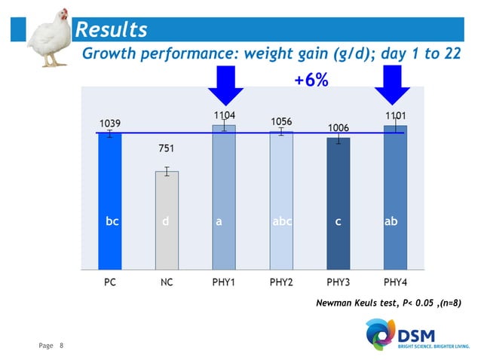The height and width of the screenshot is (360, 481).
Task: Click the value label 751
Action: coord(167,148)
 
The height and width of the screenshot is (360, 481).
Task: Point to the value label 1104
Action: coord(224,114)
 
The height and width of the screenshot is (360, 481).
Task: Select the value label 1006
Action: coord(338,128)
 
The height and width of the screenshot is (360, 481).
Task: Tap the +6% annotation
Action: coord(311,80)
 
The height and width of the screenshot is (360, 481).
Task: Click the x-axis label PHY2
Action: coord(281,283)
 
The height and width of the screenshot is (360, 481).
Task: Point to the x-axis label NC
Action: coord(167,283)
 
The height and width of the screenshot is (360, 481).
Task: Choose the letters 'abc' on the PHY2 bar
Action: coord(281,222)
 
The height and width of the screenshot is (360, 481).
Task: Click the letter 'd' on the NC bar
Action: coord(166,222)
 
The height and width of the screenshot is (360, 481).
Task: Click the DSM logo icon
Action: coord(378,333)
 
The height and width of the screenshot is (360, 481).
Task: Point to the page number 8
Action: coord(61,346)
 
